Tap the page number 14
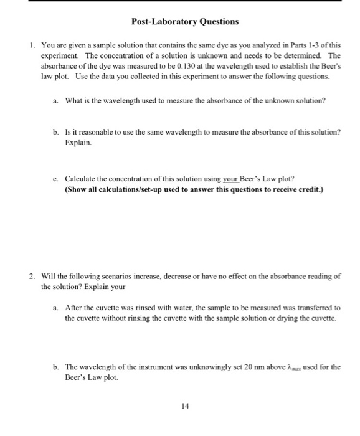(x=184, y=405)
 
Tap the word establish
(x=300, y=65)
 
